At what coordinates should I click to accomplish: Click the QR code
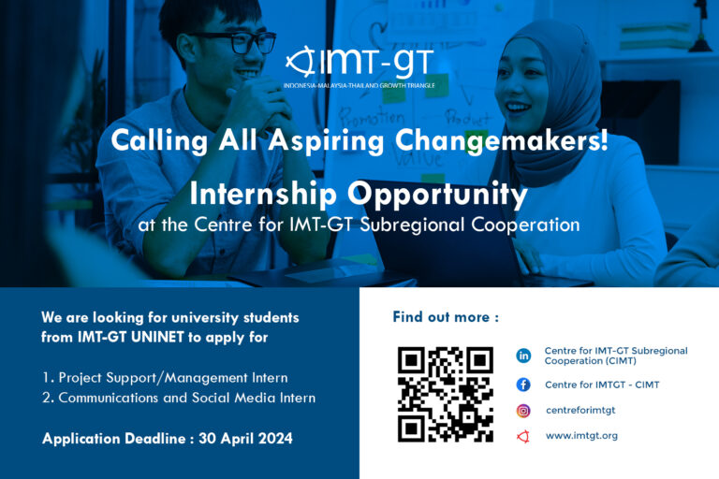(x=445, y=394)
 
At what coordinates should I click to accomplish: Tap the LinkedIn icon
(x=523, y=356)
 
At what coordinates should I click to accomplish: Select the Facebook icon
(x=523, y=385)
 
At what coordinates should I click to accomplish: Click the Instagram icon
(x=523, y=411)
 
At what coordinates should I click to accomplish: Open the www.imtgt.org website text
(x=581, y=436)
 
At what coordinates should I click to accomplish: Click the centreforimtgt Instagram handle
(x=580, y=411)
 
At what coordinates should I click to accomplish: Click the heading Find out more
(x=446, y=317)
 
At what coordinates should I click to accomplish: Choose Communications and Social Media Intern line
(x=179, y=398)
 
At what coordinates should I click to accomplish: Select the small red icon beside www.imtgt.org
(x=523, y=436)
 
